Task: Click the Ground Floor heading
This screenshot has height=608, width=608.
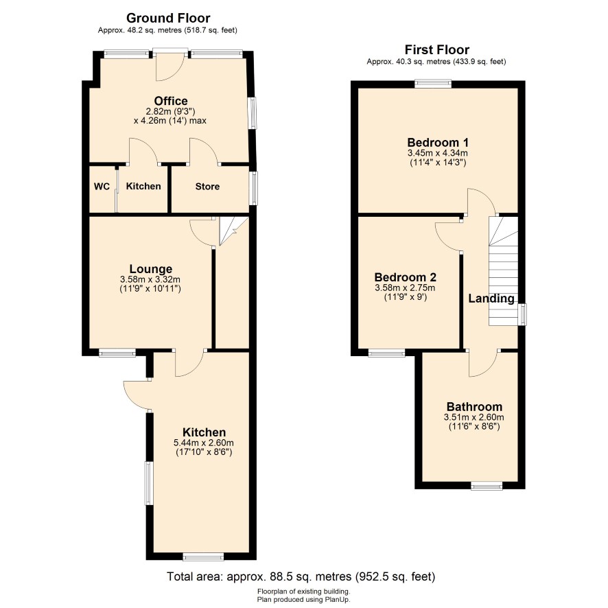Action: [168, 19]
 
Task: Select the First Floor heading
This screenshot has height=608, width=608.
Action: [437, 49]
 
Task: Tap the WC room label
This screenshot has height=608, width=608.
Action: [102, 187]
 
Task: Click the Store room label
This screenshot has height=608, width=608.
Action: [207, 187]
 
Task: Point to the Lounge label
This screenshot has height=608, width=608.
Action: [151, 269]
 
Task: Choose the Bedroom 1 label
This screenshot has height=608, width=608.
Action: [438, 142]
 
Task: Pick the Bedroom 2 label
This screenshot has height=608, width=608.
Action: [405, 277]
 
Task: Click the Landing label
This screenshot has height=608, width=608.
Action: [491, 299]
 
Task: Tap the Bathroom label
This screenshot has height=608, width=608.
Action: [474, 407]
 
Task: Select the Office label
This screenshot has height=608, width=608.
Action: [171, 101]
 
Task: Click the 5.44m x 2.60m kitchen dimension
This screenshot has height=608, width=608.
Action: [204, 443]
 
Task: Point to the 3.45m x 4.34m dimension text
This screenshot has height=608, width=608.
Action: [438, 153]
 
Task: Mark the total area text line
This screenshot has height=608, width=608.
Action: [301, 576]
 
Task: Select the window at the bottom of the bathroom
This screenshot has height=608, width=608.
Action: [487, 485]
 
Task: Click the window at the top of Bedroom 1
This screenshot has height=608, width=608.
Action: [433, 83]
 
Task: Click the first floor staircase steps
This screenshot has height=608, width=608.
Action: [503, 272]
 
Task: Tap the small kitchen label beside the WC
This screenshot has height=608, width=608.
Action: [143, 186]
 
